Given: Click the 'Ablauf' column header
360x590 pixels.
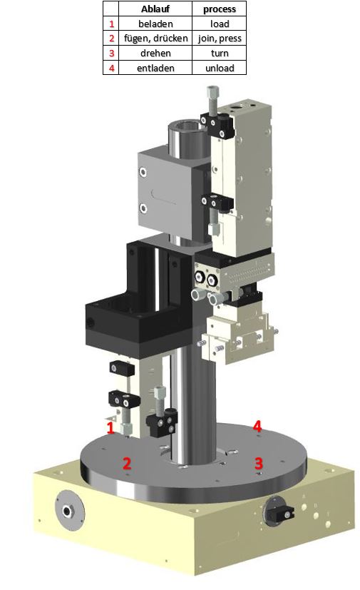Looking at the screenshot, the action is tap(155, 9).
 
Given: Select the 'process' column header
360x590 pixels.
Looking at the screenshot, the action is tap(220, 9).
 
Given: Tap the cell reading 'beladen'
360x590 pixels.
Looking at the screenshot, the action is tap(155, 24).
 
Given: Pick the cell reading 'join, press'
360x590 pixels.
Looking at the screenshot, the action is tap(220, 39).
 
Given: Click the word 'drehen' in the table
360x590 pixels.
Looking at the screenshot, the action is tap(155, 54).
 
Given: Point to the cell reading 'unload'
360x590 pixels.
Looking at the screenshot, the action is tap(220, 68).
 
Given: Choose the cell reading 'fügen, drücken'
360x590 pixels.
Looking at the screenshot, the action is tap(155, 39).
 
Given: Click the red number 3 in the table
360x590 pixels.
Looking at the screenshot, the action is tap(111, 54).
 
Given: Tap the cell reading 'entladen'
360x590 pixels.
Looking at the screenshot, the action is tap(155, 68).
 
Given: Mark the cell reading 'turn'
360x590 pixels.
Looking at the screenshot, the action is tap(220, 54).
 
